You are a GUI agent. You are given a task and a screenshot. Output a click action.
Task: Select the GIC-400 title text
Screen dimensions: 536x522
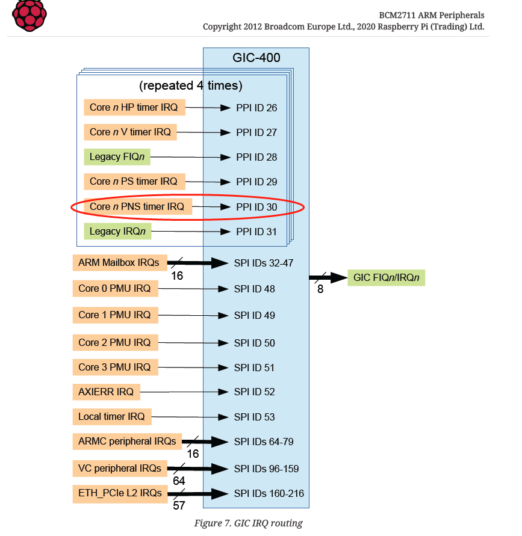point(256,58)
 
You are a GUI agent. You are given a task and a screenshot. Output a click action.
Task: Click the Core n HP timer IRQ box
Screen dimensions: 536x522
point(134,108)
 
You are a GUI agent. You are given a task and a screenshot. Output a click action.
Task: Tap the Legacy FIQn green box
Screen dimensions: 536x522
point(117,157)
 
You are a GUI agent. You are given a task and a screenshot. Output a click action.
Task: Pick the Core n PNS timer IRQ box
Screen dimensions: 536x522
point(137,207)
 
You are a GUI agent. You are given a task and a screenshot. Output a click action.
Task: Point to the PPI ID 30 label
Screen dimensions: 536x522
point(256,207)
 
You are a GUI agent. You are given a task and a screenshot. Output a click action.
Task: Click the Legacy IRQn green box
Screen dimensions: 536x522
point(117,232)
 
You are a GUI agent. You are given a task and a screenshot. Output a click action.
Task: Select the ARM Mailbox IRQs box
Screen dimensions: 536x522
point(119,263)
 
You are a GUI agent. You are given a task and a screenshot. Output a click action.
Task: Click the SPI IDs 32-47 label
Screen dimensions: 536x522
point(264,263)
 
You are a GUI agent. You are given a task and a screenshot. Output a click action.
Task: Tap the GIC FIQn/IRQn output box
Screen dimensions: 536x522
point(386,278)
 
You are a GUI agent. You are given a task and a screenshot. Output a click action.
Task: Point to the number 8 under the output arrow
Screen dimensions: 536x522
point(320,289)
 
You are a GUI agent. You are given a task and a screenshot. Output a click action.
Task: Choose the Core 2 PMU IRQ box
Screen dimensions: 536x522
point(114,343)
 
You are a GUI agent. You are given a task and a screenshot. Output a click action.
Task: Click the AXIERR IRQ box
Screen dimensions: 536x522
point(106,392)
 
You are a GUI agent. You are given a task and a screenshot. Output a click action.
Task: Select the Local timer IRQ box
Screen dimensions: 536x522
point(111,416)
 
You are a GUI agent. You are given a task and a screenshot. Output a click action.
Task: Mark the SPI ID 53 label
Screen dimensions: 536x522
point(255,417)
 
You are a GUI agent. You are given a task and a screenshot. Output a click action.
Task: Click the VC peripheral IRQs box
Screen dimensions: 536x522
point(119,468)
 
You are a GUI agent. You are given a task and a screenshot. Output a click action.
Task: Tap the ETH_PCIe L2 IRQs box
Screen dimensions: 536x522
point(120,493)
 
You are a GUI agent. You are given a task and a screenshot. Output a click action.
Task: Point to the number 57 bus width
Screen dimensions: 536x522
point(179,506)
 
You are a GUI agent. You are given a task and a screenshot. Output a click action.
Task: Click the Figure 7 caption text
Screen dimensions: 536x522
point(248,523)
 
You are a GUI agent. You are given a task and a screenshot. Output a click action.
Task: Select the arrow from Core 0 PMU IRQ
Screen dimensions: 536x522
point(193,289)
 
